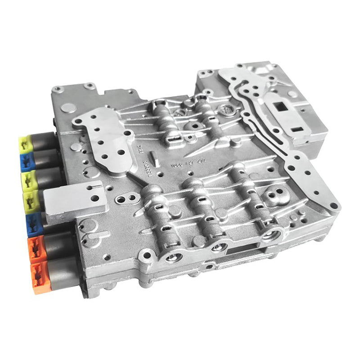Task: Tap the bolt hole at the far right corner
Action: (333, 206)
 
